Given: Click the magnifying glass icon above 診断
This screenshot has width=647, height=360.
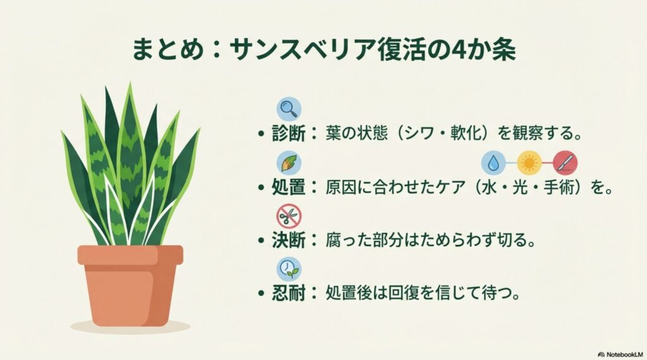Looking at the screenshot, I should [289, 108].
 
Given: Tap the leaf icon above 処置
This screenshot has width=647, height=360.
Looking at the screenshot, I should [289, 162].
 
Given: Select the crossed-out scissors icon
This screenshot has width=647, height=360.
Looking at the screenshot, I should [289, 216].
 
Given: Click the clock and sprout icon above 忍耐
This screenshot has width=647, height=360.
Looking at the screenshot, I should [289, 270].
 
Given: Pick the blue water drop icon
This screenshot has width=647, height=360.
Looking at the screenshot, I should [493, 163].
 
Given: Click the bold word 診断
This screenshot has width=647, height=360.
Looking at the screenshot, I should [290, 134].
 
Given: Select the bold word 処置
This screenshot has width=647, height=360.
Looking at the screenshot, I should [290, 188].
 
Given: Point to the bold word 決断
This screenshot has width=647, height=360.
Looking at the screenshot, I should [290, 241].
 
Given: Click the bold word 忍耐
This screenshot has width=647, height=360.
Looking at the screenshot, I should [290, 294].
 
